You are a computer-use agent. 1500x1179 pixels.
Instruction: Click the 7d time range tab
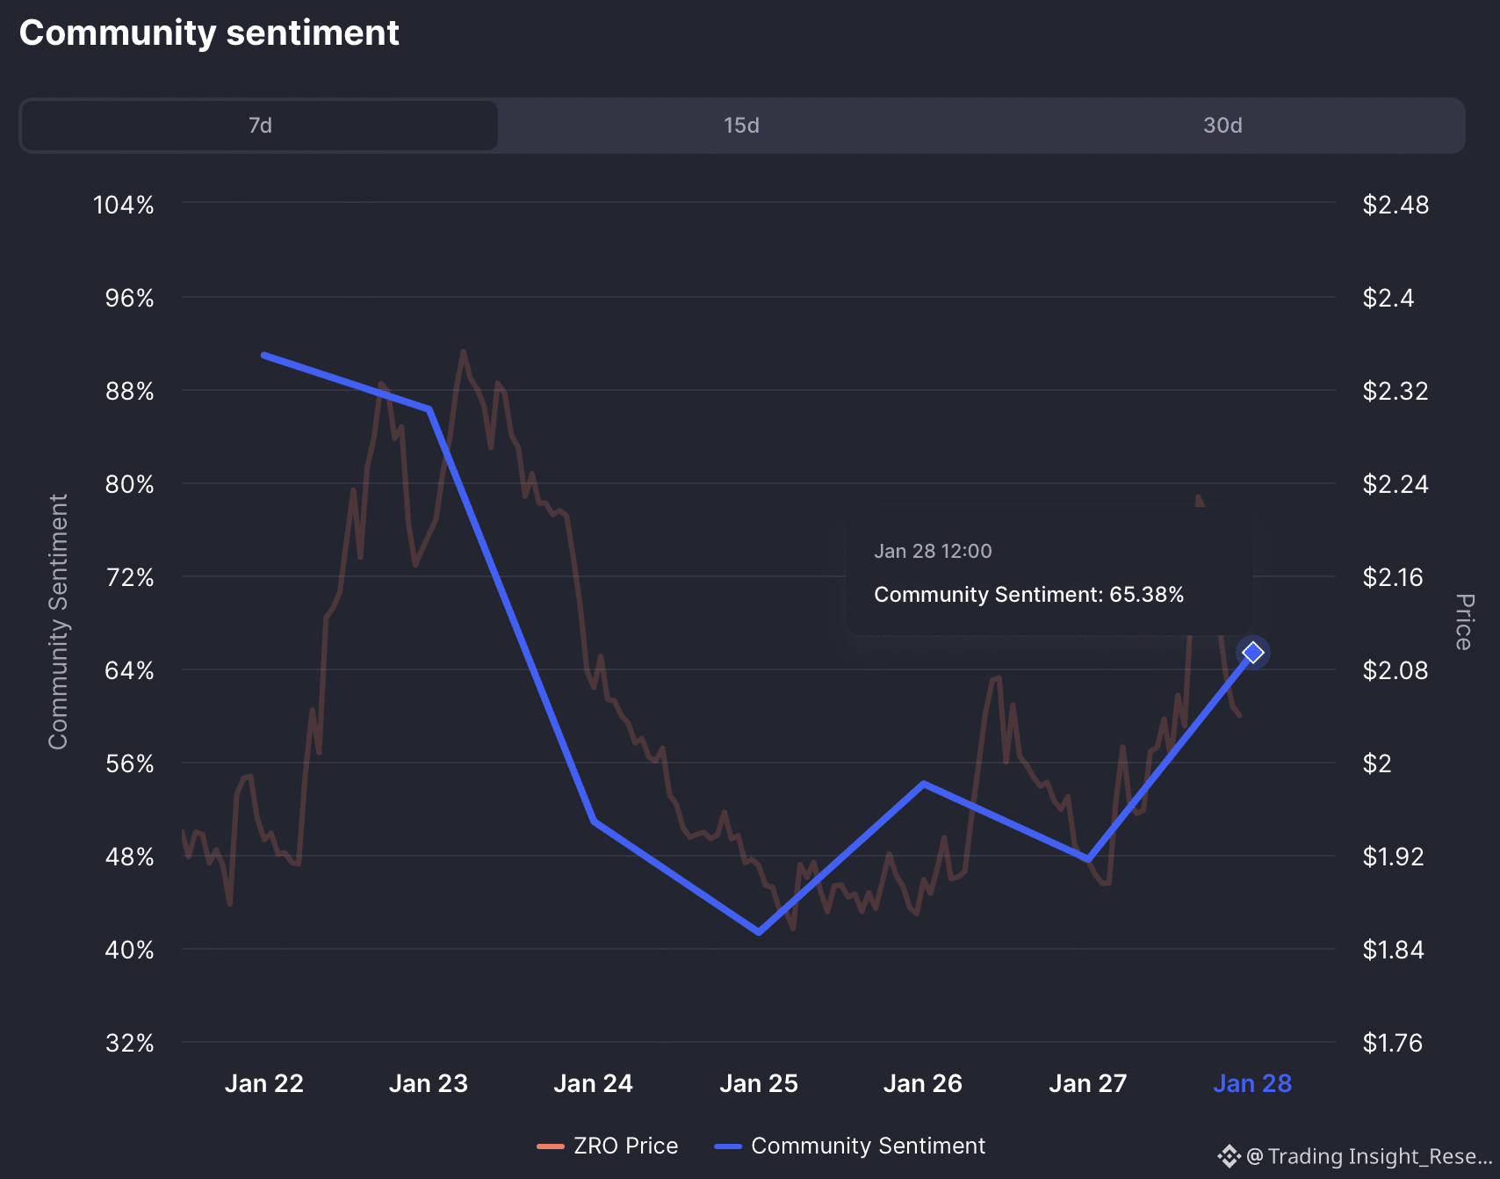pos(260,126)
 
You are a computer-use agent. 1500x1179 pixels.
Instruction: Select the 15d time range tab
pos(741,126)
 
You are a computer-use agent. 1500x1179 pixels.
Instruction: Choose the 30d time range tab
pos(1222,126)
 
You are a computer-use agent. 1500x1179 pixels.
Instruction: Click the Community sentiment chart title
pos(209,33)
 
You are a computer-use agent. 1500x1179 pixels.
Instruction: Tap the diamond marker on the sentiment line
pos(1252,652)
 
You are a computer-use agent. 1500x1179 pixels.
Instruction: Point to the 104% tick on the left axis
pos(124,206)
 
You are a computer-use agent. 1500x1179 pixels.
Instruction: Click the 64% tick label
pos(129,671)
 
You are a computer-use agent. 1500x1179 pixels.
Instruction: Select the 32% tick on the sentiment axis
pos(129,1044)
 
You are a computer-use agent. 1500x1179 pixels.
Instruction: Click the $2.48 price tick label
pos(1395,206)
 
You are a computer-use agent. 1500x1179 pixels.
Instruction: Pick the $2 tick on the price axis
pos(1377,764)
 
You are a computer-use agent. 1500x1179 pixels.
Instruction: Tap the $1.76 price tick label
pos(1392,1044)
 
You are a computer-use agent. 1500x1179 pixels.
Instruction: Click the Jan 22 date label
pos(263,1084)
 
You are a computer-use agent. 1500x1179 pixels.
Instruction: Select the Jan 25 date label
pos(759,1084)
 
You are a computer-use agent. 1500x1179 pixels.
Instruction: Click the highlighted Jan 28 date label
pos(1252,1084)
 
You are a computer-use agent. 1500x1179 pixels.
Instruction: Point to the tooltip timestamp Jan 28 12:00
pos(933,552)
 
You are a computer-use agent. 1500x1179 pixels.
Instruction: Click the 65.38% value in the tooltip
pos(1146,595)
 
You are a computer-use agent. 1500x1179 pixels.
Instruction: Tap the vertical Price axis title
pos(1463,622)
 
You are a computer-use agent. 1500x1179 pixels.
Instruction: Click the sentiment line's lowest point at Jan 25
pos(759,932)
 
